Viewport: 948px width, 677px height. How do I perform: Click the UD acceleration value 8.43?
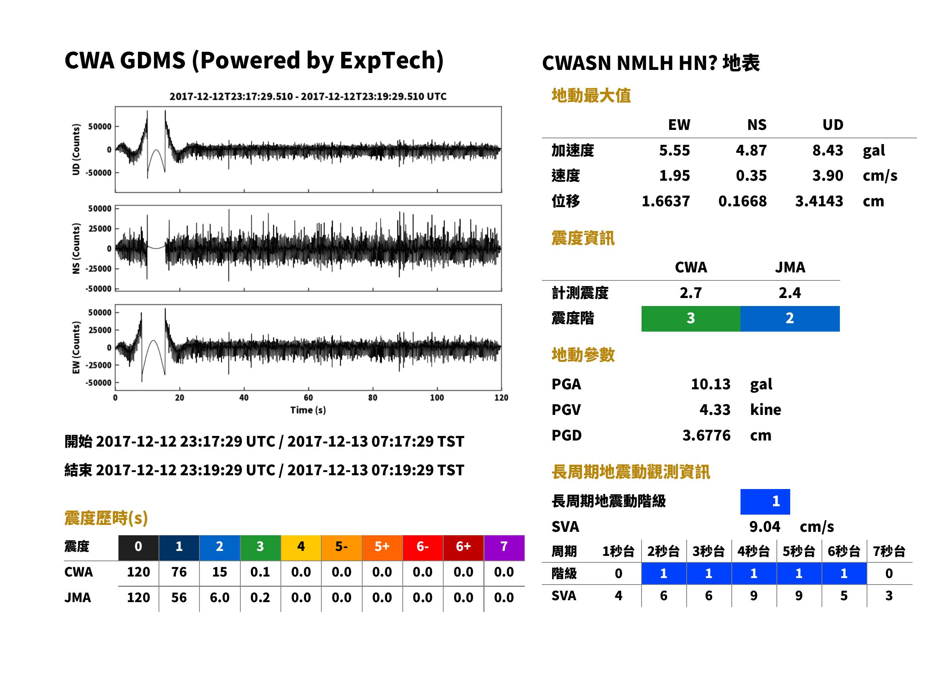click(x=827, y=151)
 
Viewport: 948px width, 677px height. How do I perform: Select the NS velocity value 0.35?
click(x=751, y=176)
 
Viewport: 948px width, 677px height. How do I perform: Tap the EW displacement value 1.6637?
click(x=665, y=201)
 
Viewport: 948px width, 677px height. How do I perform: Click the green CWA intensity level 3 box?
click(x=691, y=319)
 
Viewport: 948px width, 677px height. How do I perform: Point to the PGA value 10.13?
click(x=710, y=384)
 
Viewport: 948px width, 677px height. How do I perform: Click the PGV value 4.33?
click(x=715, y=410)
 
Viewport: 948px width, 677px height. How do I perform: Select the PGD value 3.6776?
click(x=706, y=436)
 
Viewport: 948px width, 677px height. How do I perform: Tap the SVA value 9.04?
click(x=764, y=527)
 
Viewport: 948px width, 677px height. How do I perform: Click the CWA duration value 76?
click(x=179, y=572)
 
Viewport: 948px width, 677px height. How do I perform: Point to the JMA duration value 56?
click(x=179, y=598)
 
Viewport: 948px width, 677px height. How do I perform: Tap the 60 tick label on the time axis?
click(x=308, y=398)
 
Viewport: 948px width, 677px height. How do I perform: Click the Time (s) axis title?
click(x=308, y=410)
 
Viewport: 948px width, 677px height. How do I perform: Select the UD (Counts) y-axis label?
click(x=76, y=149)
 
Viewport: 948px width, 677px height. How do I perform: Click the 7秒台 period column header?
click(x=889, y=552)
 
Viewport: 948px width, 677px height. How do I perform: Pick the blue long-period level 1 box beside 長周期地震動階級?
click(x=765, y=502)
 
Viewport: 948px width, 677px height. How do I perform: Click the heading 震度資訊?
click(x=583, y=238)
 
